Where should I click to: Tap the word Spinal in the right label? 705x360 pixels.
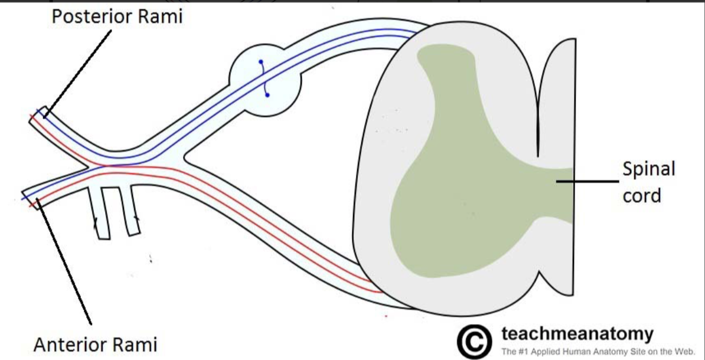(648, 169)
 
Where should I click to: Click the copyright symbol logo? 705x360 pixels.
(474, 341)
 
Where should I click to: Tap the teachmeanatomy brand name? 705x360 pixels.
(577, 334)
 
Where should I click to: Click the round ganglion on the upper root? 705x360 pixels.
(265, 77)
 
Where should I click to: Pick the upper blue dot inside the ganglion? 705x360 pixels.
(260, 63)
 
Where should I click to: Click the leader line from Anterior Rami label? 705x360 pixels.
(65, 263)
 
